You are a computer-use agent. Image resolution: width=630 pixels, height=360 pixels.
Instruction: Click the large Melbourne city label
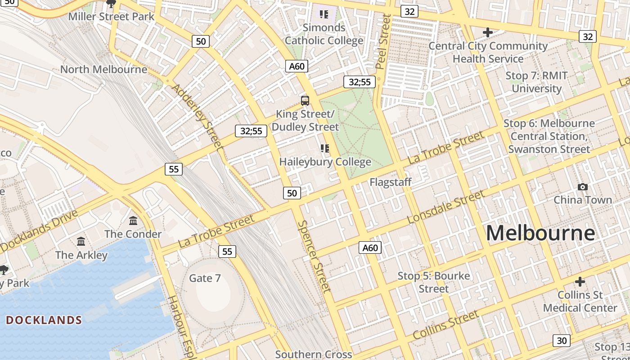tap(540, 233)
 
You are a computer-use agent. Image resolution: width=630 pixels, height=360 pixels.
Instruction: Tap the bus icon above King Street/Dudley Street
tap(305, 100)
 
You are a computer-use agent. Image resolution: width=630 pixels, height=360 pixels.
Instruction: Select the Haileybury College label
tap(325, 162)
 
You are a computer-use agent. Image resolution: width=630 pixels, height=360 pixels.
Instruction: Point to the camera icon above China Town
tap(583, 187)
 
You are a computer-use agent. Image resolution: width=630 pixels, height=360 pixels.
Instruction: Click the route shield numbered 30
tap(562, 341)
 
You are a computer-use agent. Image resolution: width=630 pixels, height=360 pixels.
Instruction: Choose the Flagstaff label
tap(390, 182)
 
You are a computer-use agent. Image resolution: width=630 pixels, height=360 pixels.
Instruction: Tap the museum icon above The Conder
tap(133, 220)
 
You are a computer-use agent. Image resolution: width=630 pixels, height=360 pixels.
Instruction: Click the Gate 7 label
tap(205, 278)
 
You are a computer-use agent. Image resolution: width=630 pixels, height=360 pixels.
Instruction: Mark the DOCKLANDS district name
tap(44, 320)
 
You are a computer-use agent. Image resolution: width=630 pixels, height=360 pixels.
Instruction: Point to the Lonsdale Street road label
tap(445, 207)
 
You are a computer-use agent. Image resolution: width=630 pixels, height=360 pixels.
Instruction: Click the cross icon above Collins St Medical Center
tap(580, 282)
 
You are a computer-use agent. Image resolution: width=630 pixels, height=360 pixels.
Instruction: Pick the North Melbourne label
tap(103, 69)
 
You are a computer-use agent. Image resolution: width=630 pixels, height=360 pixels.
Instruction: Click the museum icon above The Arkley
tap(81, 242)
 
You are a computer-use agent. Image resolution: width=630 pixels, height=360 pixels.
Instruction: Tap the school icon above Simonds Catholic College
tap(324, 14)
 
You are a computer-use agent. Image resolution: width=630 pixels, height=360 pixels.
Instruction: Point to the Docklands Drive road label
tap(39, 231)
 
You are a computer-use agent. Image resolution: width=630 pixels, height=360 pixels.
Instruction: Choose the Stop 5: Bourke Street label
tap(434, 282)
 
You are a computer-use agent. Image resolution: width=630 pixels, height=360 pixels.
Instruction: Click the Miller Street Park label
tap(111, 17)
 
